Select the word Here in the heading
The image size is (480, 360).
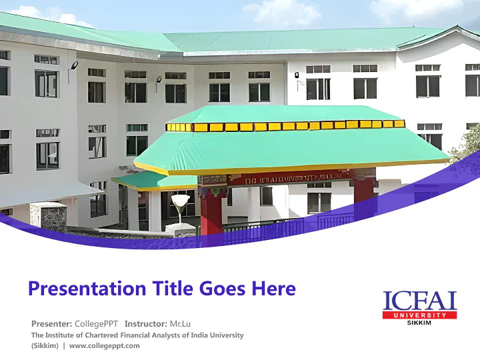pyautogui.click(x=273, y=288)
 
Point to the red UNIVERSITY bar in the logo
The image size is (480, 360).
pyautogui.click(x=419, y=315)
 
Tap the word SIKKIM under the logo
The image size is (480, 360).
pyautogui.click(x=419, y=322)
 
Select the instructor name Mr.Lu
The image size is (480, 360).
pyautogui.click(x=180, y=323)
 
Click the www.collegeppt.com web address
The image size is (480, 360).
pyautogui.click(x=104, y=345)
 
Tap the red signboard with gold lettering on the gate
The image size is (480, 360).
pyautogui.click(x=290, y=176)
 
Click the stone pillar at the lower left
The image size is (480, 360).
pyautogui.click(x=48, y=216)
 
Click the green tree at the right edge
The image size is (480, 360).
pyautogui.click(x=467, y=145)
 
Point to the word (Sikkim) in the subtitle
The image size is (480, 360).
pyautogui.click(x=45, y=345)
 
